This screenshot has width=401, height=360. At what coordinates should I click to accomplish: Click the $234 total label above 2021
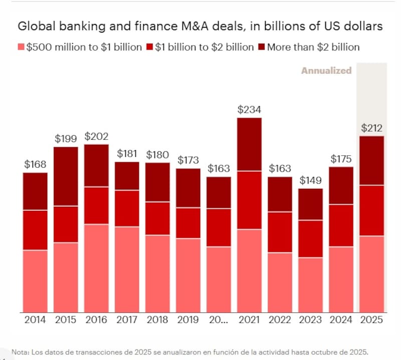click(249, 109)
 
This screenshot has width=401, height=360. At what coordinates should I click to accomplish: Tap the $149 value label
click(311, 180)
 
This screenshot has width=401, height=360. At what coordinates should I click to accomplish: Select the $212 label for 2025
click(372, 128)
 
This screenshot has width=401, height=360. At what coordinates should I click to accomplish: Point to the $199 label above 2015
click(66, 139)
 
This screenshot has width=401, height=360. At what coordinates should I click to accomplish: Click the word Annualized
click(326, 71)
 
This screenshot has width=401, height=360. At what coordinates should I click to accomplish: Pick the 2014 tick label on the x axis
click(35, 320)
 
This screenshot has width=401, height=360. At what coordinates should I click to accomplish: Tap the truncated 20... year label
click(219, 320)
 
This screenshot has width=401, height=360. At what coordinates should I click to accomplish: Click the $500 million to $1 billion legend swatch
click(21, 48)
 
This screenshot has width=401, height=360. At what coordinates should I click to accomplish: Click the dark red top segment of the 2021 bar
click(249, 144)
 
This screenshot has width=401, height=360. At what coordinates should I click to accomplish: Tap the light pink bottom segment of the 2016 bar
click(96, 268)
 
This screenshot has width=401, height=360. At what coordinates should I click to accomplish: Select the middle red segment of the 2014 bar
click(35, 230)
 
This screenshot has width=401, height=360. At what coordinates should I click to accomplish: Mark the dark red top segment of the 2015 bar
click(66, 176)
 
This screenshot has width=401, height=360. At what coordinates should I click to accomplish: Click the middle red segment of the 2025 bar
click(372, 210)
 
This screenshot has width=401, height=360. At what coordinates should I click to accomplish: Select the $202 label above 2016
click(96, 136)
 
